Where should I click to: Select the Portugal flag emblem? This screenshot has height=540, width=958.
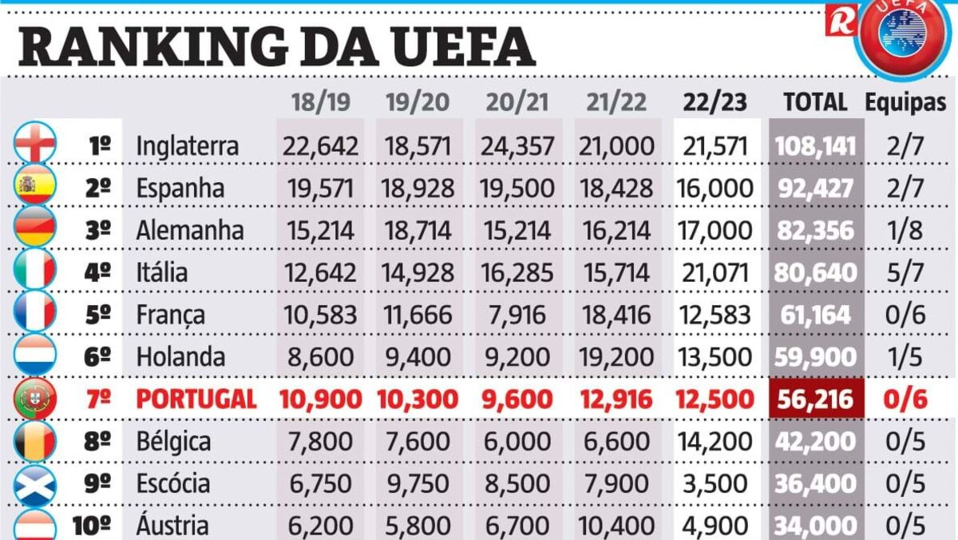(x=36, y=399)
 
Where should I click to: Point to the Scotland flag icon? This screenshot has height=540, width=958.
(x=36, y=483)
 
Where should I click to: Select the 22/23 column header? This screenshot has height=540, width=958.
(x=715, y=101)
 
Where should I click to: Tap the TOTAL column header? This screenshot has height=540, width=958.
(x=815, y=101)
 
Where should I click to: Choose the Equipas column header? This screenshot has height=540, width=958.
(x=905, y=102)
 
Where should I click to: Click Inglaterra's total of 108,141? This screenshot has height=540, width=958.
(x=815, y=146)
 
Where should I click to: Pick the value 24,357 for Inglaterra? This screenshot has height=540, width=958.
(x=517, y=146)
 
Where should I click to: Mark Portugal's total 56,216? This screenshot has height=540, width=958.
(x=815, y=399)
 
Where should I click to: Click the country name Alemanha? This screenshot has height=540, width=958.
(x=190, y=230)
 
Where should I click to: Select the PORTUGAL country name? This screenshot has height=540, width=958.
(x=196, y=399)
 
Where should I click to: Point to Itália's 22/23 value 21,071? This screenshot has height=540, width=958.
(x=715, y=272)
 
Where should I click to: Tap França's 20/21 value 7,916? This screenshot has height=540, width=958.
(x=517, y=315)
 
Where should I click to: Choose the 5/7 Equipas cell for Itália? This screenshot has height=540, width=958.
(x=905, y=272)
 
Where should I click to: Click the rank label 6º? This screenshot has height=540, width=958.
(x=97, y=356)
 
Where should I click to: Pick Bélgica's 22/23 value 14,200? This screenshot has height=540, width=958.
(x=715, y=441)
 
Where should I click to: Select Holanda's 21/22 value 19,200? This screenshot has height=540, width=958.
(x=616, y=356)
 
